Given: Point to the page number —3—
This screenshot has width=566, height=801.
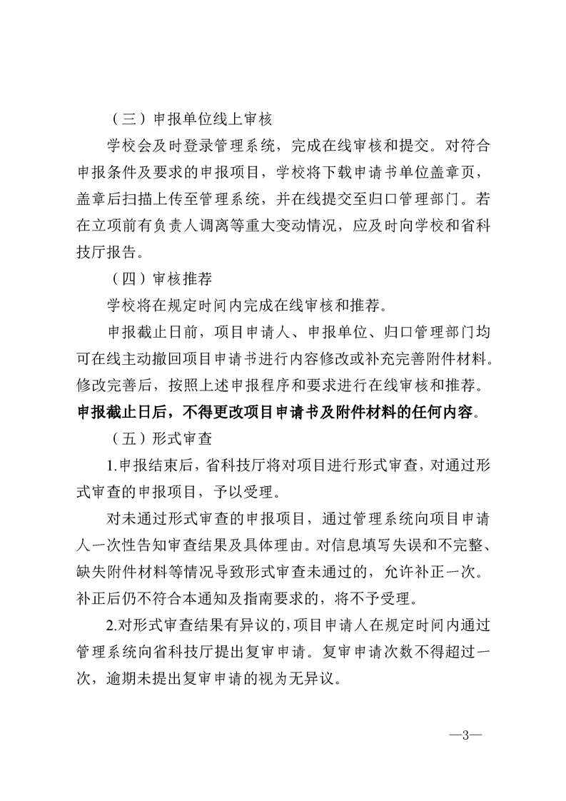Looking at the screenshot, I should coord(465,733).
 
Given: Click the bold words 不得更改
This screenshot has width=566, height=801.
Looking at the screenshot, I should coord(213,413).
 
